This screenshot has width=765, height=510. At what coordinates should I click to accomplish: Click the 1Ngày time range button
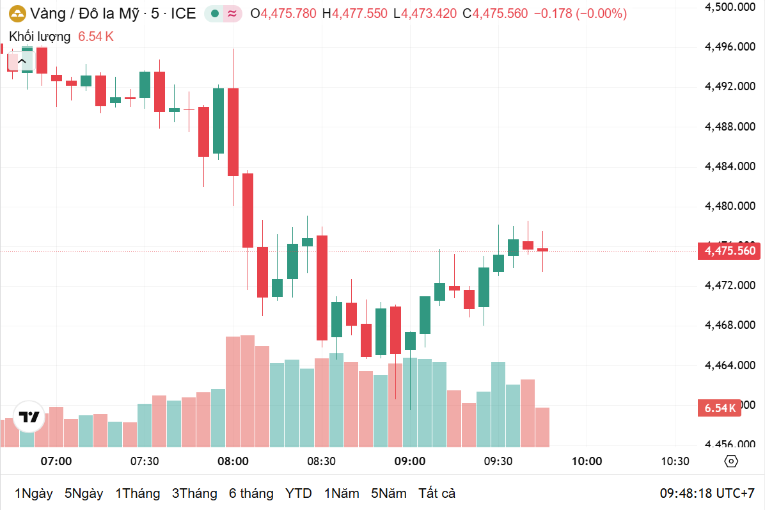tap(33, 493)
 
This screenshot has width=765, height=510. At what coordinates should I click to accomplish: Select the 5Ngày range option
tap(84, 493)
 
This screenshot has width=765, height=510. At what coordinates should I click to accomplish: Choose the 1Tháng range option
tap(138, 493)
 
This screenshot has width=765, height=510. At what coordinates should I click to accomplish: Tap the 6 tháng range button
tap(251, 493)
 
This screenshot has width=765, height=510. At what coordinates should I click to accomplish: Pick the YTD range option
tap(299, 493)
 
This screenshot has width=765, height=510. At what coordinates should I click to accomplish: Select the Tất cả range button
tap(437, 493)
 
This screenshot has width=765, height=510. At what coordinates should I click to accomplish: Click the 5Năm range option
tap(389, 493)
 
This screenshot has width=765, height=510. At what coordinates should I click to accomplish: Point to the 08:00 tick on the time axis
tap(233, 461)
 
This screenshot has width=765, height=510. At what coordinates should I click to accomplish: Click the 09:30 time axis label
tap(498, 461)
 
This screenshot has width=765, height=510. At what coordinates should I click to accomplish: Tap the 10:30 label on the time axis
tap(675, 461)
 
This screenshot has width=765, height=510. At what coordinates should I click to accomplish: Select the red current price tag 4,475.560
tap(730, 251)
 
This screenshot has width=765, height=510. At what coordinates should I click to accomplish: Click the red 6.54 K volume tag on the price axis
tap(720, 408)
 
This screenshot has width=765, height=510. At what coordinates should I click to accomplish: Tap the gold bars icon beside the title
tap(17, 13)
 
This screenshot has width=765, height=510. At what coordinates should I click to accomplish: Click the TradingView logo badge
tap(29, 417)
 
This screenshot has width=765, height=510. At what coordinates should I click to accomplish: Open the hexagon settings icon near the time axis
tap(731, 461)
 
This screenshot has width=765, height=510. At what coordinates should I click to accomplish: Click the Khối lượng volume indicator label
tap(40, 36)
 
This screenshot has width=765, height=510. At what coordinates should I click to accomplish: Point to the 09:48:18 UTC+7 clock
tap(707, 493)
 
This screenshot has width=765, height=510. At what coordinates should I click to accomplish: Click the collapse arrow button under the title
tap(22, 61)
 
